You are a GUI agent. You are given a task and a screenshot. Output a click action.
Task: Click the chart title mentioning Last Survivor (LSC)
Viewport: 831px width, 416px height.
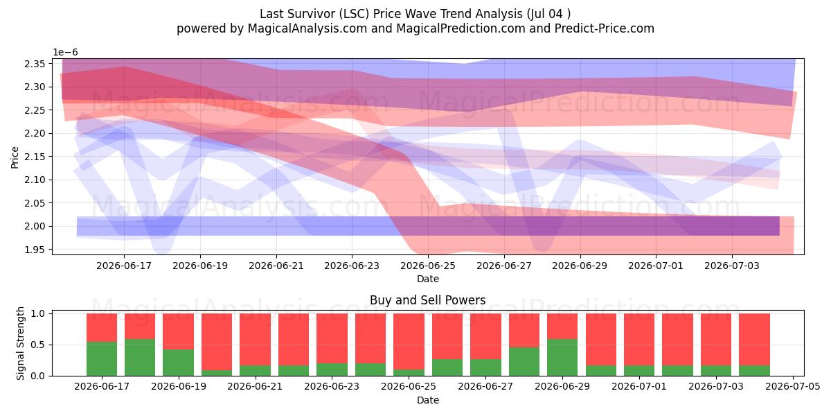[415, 14]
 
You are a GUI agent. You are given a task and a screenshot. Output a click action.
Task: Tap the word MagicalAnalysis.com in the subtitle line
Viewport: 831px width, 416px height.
[307, 28]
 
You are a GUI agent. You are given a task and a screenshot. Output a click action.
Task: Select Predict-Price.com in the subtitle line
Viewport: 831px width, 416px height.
[605, 28]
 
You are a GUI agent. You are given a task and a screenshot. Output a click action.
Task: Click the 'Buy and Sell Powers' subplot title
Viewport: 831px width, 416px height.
[428, 300]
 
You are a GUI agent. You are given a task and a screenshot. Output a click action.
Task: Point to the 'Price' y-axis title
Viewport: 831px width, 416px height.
[15, 157]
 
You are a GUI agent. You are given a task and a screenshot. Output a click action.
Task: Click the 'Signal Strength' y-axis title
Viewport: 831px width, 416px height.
[20, 344]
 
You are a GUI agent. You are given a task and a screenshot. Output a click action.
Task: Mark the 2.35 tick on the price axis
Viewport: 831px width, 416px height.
[35, 64]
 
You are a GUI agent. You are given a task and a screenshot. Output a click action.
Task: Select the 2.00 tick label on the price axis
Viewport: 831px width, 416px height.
[35, 226]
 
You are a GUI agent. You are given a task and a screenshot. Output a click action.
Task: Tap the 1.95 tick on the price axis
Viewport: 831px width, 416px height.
[35, 250]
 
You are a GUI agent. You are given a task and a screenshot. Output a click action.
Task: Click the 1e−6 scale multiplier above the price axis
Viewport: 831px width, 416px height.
[65, 52]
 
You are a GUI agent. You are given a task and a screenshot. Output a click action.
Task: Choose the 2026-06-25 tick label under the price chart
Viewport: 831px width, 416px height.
[428, 266]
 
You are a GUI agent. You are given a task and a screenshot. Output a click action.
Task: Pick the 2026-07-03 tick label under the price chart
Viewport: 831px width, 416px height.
[732, 266]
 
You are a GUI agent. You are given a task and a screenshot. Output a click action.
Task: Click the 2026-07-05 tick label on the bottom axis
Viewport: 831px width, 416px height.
[793, 387]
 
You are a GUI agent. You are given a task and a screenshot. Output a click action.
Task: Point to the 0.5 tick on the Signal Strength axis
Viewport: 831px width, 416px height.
[38, 345]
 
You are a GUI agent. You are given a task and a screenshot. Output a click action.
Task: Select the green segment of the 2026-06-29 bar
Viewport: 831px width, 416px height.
[562, 357]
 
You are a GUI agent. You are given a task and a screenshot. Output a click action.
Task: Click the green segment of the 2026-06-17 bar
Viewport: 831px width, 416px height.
[102, 359]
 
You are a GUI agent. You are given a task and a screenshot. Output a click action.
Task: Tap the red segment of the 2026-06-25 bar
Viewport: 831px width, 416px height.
[409, 341]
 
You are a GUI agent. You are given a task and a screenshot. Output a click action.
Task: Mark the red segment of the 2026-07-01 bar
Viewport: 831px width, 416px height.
[639, 340]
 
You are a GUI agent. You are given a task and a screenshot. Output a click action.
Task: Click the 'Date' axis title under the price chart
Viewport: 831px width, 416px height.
[428, 279]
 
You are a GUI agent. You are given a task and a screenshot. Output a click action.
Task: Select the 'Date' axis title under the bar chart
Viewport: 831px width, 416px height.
[428, 400]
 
